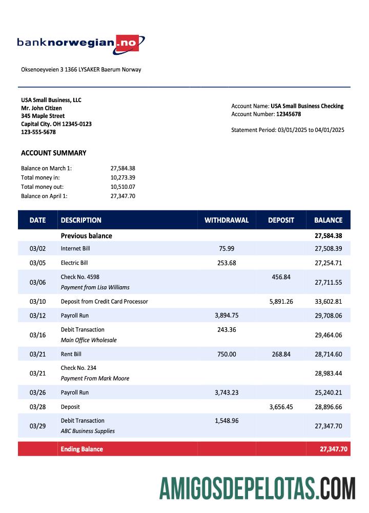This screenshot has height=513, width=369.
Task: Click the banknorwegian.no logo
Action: (x=80, y=43)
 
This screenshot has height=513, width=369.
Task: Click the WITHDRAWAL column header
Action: (x=226, y=220)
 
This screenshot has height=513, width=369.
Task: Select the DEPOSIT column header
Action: (x=281, y=220)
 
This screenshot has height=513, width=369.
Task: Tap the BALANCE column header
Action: (x=328, y=220)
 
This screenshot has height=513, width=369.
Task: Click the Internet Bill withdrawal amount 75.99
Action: (x=226, y=248)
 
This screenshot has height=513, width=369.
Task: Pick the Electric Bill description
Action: (x=74, y=263)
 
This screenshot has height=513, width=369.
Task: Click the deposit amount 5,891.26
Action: (x=281, y=301)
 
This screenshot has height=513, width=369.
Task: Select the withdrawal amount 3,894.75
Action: (x=226, y=315)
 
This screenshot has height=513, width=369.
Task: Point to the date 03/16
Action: (x=37, y=335)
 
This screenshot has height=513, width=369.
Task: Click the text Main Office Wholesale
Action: (x=89, y=340)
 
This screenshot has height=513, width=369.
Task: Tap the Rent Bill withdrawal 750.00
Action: (x=226, y=354)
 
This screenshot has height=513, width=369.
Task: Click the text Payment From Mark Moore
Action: (x=95, y=378)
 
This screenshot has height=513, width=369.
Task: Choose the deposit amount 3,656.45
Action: (x=281, y=407)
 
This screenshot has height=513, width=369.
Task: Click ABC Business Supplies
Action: (x=88, y=431)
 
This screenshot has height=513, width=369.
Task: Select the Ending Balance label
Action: (x=81, y=449)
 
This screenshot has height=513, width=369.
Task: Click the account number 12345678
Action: (x=289, y=114)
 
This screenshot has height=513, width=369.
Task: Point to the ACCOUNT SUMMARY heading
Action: (x=53, y=153)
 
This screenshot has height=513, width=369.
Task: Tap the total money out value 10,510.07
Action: (x=122, y=187)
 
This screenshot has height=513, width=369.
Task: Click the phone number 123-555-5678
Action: (x=38, y=132)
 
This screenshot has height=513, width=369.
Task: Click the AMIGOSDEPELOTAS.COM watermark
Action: (x=257, y=488)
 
